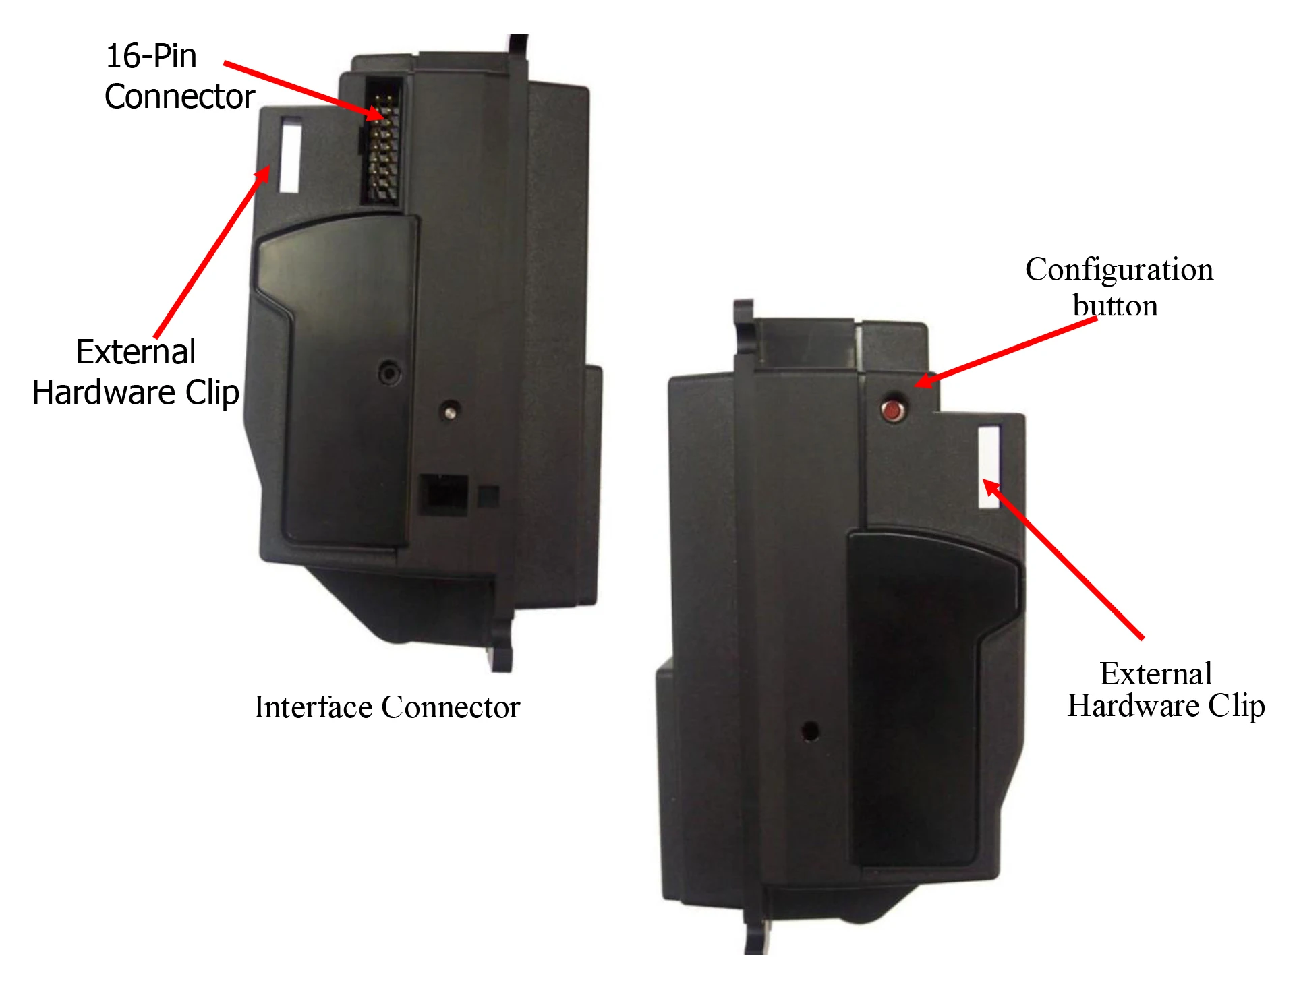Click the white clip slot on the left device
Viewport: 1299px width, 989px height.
click(291, 155)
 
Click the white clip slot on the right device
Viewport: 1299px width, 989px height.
click(989, 466)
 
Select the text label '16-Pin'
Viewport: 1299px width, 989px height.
click(151, 56)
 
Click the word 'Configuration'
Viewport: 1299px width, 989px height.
click(1119, 270)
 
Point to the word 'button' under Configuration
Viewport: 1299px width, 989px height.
click(1115, 305)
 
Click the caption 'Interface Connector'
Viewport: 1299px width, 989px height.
click(386, 707)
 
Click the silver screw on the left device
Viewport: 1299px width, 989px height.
click(449, 410)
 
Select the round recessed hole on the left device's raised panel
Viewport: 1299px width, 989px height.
click(389, 372)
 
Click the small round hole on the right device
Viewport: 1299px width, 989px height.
click(810, 731)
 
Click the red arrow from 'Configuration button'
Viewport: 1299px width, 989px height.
click(1005, 351)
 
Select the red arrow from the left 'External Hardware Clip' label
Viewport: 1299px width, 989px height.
click(210, 253)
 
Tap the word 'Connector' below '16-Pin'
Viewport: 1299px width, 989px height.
click(179, 96)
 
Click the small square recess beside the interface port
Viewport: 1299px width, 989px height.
click(488, 496)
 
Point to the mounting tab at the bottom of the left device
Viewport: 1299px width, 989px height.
click(501, 651)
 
